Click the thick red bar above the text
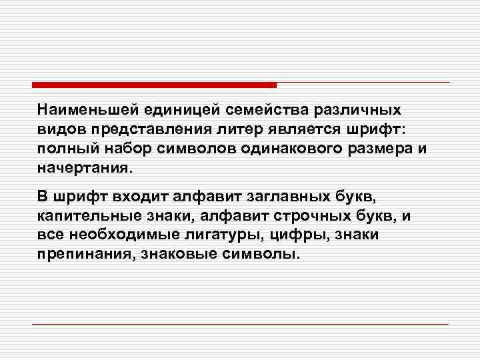click(153, 85)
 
